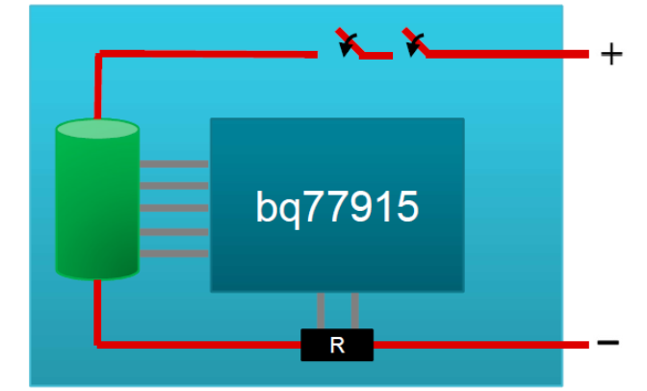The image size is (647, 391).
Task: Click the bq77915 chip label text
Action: (x=337, y=206)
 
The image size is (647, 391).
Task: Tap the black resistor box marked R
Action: (x=336, y=344)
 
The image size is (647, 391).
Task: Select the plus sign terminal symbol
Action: (x=610, y=54)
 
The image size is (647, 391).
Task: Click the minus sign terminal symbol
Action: (x=608, y=343)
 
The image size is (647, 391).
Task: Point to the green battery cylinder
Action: (x=97, y=207)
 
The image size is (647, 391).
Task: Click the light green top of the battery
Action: (x=97, y=130)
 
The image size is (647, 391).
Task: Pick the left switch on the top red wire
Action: (x=348, y=44)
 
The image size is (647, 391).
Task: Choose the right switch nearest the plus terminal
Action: (x=415, y=43)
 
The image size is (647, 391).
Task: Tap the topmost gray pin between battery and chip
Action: (x=173, y=164)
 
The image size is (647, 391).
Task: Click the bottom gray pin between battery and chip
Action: (x=173, y=253)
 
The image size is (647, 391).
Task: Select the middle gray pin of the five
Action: (x=173, y=208)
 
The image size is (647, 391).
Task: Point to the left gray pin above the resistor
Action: (x=321, y=310)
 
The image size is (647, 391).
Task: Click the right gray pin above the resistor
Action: (x=355, y=310)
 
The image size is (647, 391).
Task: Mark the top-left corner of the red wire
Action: (x=98, y=55)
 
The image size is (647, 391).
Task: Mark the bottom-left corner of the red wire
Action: (x=97, y=342)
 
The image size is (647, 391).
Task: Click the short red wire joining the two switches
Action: (x=376, y=56)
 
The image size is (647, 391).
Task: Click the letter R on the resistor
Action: (x=336, y=345)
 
